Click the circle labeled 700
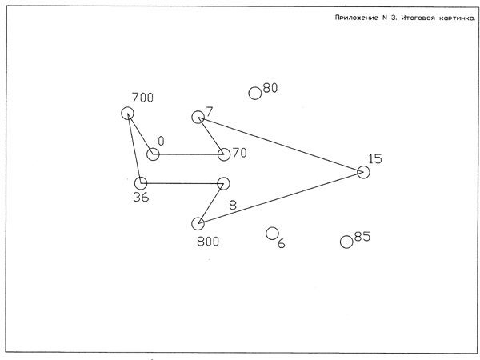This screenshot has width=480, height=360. tap(127, 114)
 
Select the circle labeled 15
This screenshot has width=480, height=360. tap(363, 172)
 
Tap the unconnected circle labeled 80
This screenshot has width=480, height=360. tap(255, 93)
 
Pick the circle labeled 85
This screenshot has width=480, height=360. tap(346, 242)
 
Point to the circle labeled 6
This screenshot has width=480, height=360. tap(272, 234)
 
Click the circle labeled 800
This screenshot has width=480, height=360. tap(198, 224)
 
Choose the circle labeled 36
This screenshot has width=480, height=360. tap(141, 183)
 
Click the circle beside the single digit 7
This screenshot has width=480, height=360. tap(198, 118)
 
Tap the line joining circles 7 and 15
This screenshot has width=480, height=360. tap(280, 145)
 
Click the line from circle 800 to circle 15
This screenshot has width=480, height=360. tap(280, 198)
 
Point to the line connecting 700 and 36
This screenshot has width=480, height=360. tap(134, 148)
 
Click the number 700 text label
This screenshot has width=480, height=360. tap(142, 98)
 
